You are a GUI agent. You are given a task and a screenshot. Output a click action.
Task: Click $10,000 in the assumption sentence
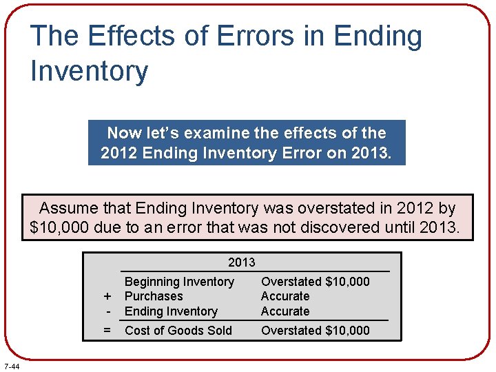point(60,227)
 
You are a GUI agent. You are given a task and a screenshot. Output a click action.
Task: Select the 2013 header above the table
point(241,262)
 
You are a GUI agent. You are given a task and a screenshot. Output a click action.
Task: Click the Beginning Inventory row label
point(179,282)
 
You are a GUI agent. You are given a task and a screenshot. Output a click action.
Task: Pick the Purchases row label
point(154,296)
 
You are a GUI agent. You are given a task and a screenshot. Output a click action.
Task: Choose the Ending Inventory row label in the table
point(171,311)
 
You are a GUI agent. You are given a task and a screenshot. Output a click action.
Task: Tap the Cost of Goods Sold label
point(178,331)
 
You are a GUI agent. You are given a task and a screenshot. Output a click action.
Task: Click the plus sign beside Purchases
point(107,297)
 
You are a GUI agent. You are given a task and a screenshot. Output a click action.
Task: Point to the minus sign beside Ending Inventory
point(107,311)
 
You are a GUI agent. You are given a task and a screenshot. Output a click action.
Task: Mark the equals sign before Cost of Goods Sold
point(107,331)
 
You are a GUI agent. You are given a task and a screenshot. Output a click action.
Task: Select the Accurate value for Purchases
point(285,296)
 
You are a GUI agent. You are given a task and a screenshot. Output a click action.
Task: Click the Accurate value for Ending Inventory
point(285,311)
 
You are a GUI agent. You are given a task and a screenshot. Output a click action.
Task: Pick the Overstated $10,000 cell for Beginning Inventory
point(315,282)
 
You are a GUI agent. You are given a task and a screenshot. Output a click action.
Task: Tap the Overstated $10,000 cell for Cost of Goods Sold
point(315,331)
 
